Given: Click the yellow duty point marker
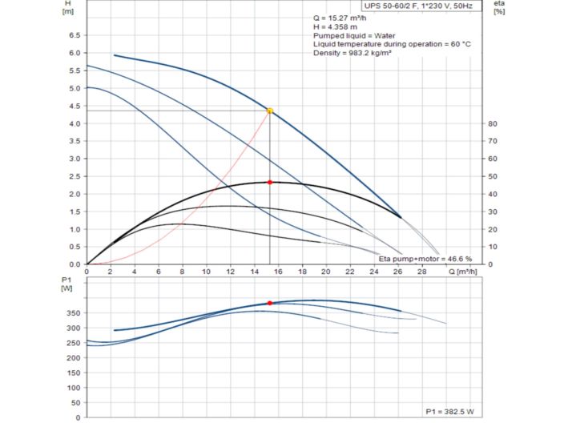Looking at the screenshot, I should (270, 111).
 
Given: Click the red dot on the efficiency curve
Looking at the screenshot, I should (270, 183).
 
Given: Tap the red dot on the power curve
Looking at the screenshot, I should (270, 303).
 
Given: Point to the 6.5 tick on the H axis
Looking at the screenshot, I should (75, 35).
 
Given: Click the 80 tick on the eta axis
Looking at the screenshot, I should (494, 123).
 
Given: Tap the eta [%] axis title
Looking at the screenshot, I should (500, 7).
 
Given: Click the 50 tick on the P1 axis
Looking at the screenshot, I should (75, 402).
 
